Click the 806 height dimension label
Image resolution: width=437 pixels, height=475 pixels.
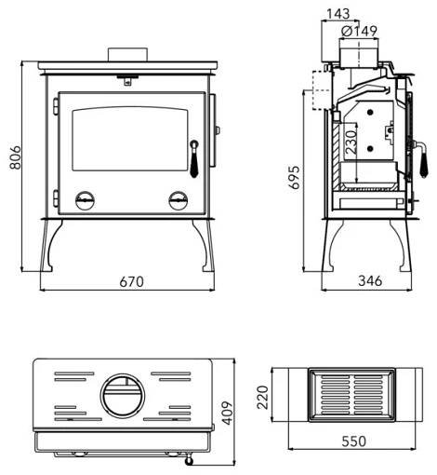click(x=15, y=157)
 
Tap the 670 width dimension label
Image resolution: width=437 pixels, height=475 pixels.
click(x=132, y=281)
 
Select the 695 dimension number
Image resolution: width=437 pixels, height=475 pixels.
click(x=294, y=177)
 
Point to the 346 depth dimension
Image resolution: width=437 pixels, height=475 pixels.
click(x=370, y=281)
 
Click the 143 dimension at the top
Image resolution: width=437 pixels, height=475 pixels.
click(x=338, y=14)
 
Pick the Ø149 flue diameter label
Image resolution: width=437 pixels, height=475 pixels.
click(x=359, y=31)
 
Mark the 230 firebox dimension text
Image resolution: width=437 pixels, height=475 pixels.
click(x=351, y=142)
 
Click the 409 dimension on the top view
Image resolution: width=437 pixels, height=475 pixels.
click(x=227, y=413)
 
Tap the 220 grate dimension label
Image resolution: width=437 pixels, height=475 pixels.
click(x=263, y=398)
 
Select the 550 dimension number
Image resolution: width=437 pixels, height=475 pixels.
click(x=354, y=441)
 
